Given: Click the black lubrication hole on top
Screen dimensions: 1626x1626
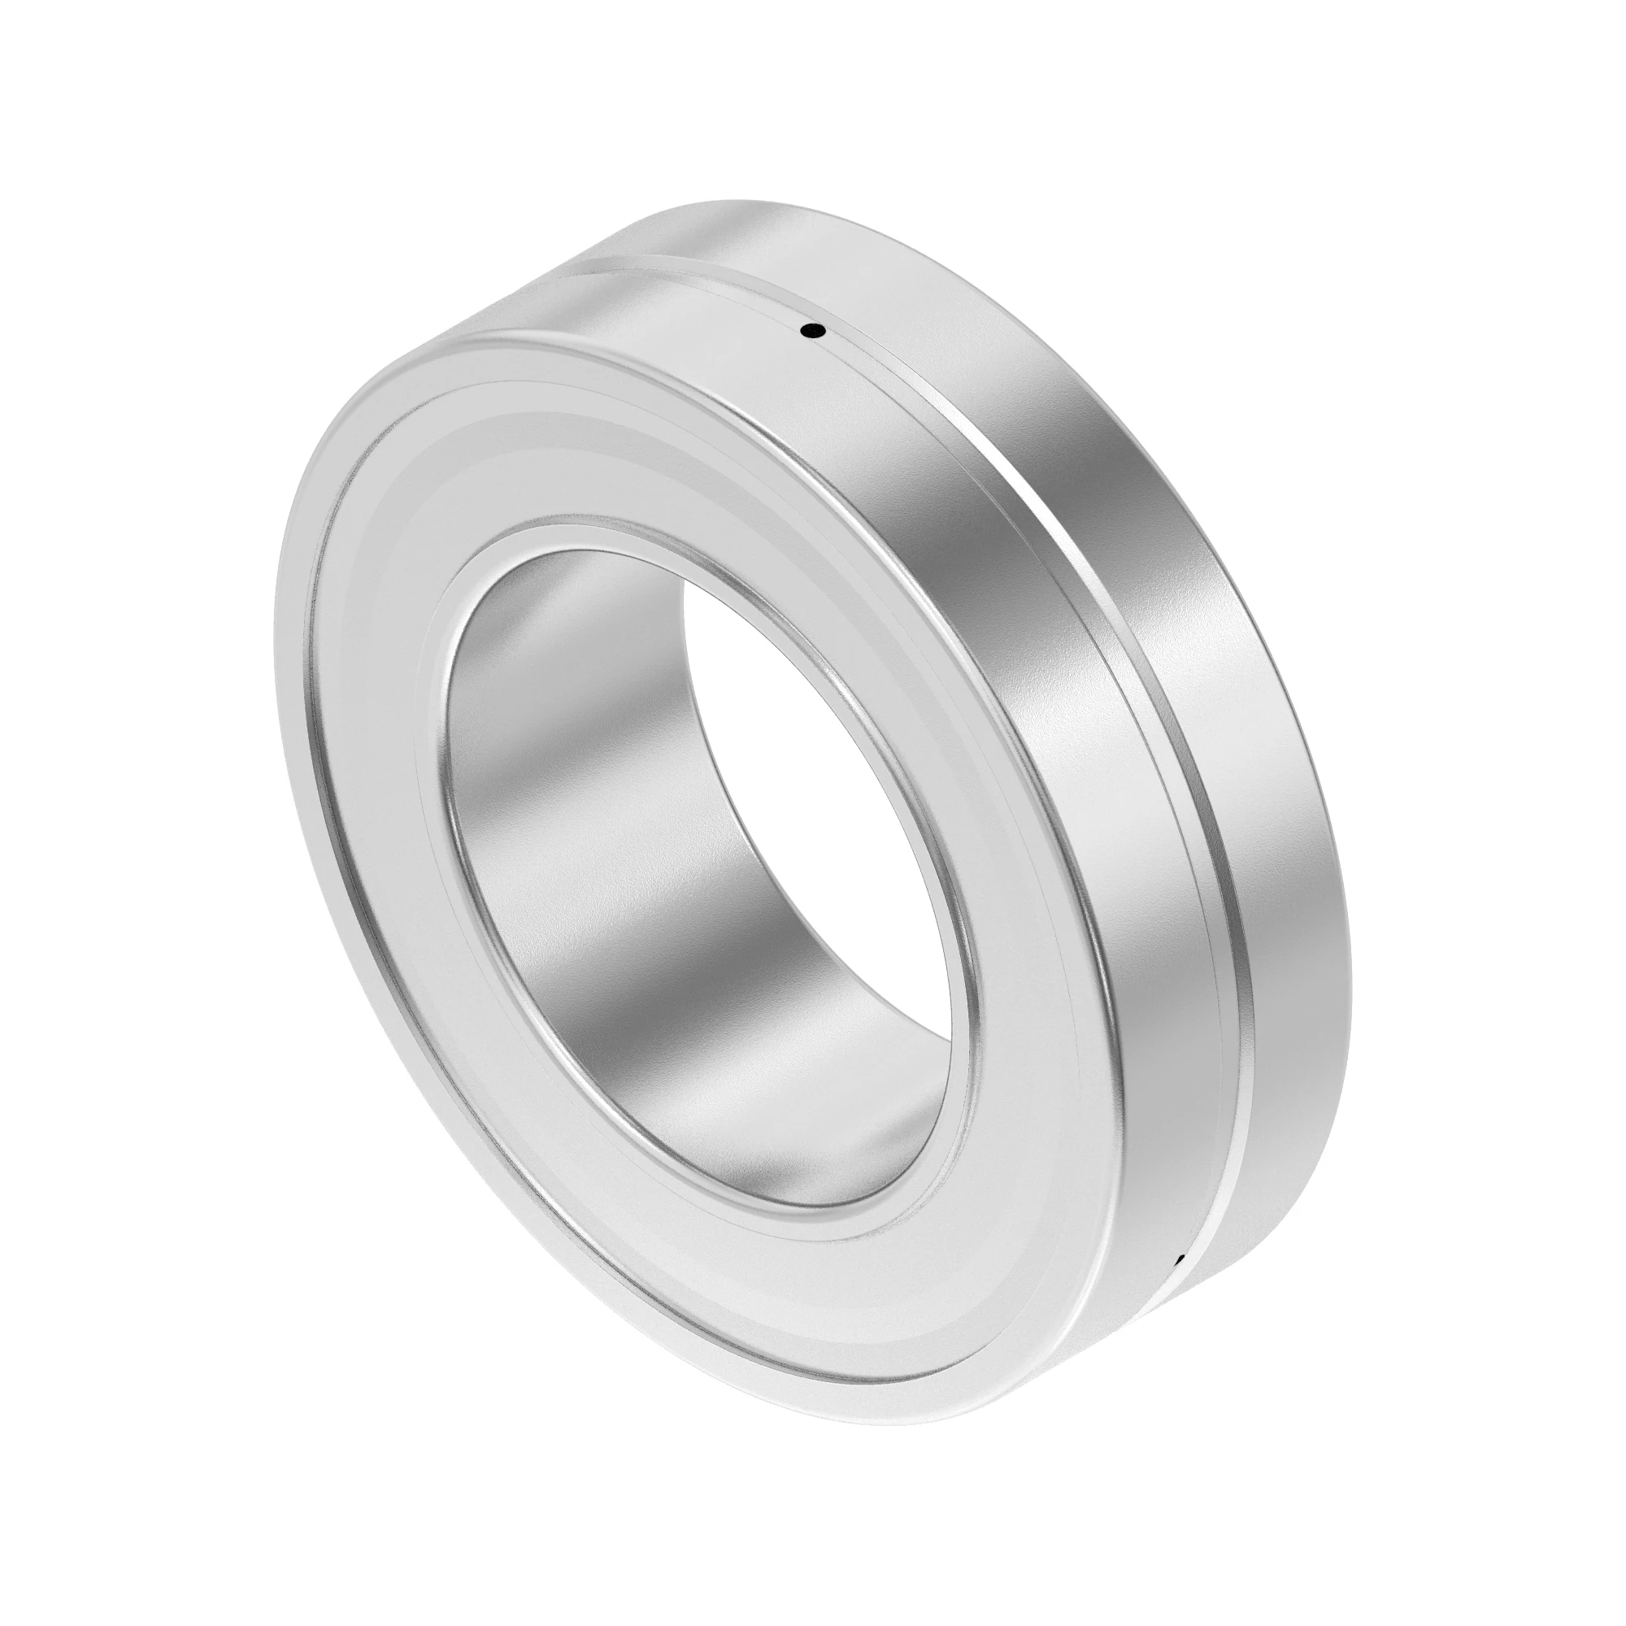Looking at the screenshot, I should pyautogui.click(x=812, y=331).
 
